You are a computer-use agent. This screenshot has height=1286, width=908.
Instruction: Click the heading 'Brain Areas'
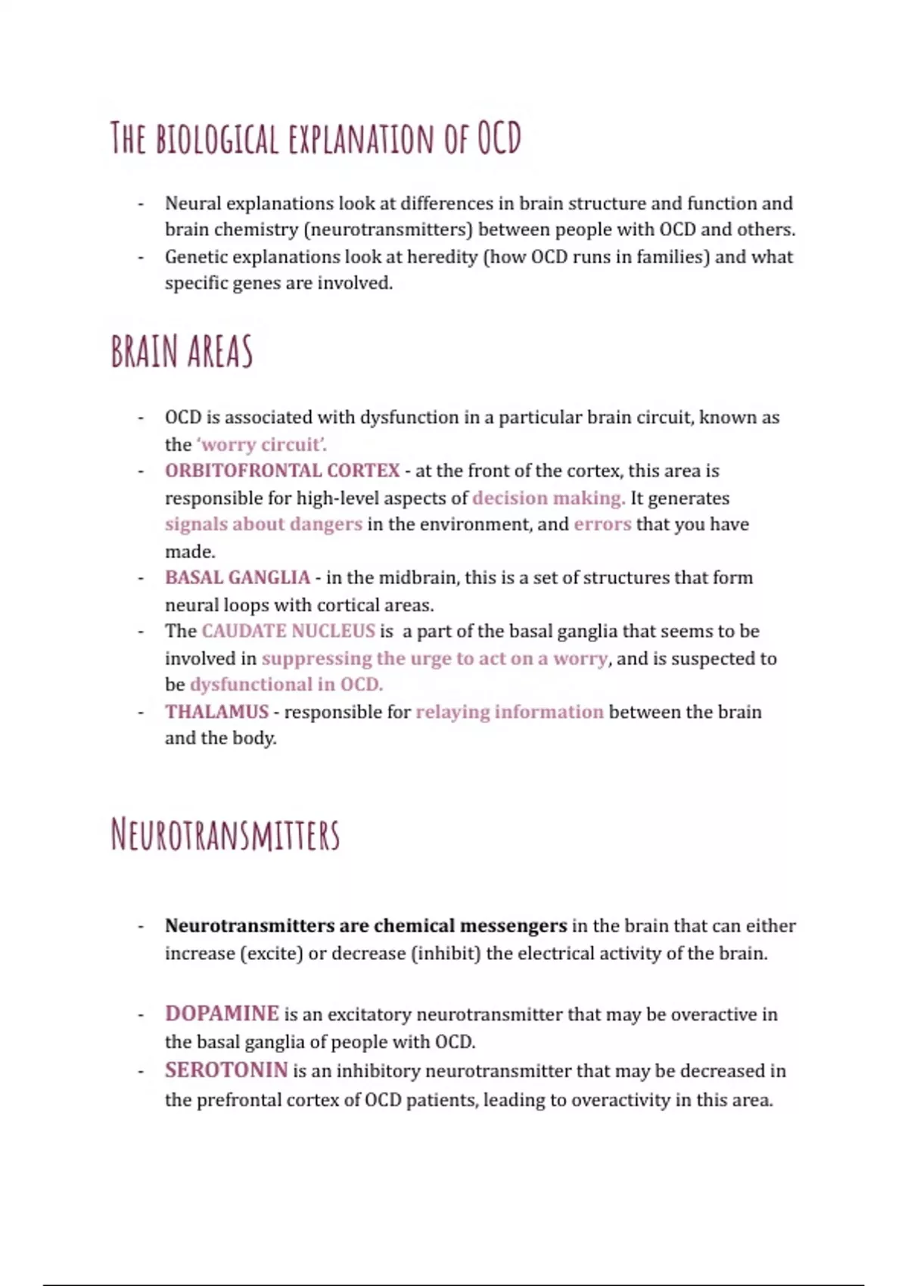pyautogui.click(x=182, y=353)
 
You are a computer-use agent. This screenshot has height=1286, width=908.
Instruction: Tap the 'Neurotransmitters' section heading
pyautogui.click(x=225, y=835)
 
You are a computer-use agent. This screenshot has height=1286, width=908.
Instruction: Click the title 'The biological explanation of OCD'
pyautogui.click(x=316, y=138)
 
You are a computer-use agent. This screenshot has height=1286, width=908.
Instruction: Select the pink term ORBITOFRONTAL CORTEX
pyautogui.click(x=282, y=471)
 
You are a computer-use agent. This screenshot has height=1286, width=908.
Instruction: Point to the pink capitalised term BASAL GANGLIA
pyautogui.click(x=238, y=578)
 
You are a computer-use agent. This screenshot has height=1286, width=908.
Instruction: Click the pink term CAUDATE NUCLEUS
pyautogui.click(x=288, y=631)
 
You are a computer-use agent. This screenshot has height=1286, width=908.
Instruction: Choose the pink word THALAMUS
pyautogui.click(x=216, y=712)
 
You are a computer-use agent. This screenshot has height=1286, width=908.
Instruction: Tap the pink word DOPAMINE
pyautogui.click(x=222, y=1014)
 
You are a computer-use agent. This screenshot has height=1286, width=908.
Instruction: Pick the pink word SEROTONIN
pyautogui.click(x=226, y=1070)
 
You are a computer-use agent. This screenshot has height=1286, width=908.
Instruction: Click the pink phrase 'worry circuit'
pyautogui.click(x=261, y=444)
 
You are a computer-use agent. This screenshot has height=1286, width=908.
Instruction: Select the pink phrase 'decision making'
pyautogui.click(x=549, y=498)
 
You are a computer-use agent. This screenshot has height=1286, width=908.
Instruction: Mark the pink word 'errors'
pyautogui.click(x=602, y=524)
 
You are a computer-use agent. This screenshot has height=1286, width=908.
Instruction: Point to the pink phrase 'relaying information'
pyautogui.click(x=509, y=712)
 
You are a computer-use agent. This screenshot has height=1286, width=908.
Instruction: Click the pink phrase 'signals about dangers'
pyautogui.click(x=263, y=524)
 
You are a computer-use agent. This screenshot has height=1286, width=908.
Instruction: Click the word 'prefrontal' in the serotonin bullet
pyautogui.click(x=238, y=1100)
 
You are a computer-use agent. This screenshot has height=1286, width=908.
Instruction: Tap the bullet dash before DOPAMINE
pyautogui.click(x=141, y=1015)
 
